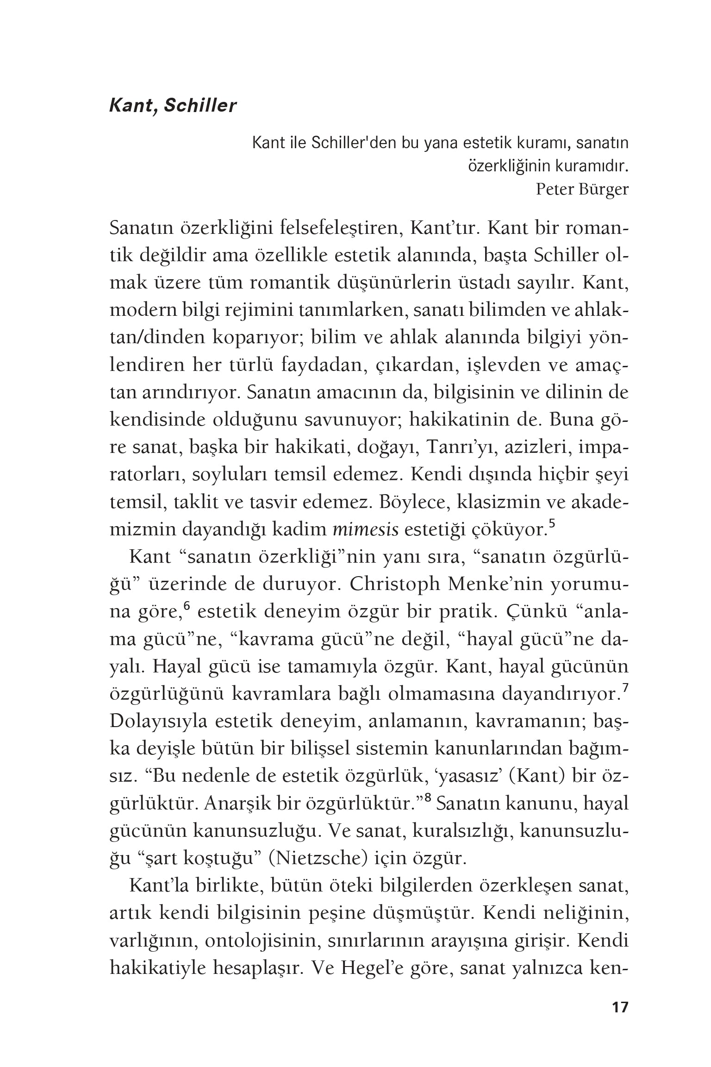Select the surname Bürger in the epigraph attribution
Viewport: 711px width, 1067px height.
point(604,189)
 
